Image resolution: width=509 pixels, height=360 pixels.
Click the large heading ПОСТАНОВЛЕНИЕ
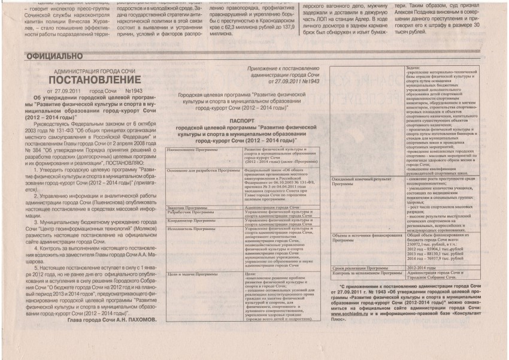click(x=96, y=80)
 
